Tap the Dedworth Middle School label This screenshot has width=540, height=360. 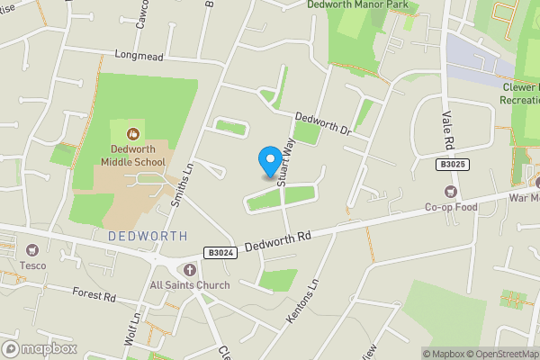pyautogui.click(x=132, y=155)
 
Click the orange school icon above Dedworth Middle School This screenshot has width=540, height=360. pyautogui.click(x=133, y=134)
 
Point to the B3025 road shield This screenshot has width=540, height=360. pyautogui.click(x=454, y=165)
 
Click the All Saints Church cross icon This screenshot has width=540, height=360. pyautogui.click(x=189, y=270)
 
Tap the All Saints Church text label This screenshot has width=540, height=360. pyautogui.click(x=190, y=285)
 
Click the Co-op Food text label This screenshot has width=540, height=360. pyautogui.click(x=452, y=206)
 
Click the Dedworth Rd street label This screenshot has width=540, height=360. pyautogui.click(x=277, y=238)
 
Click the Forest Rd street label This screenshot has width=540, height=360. pyautogui.click(x=95, y=296)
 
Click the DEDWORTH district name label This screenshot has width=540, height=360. pyautogui.click(x=148, y=236)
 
